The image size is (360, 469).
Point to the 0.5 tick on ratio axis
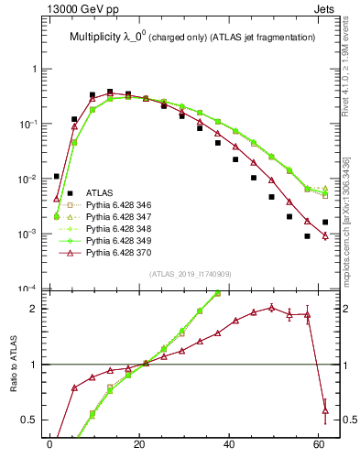28,420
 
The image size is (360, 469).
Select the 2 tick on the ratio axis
33,309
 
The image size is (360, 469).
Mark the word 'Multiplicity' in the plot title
98,37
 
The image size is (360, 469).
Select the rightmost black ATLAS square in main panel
325,223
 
